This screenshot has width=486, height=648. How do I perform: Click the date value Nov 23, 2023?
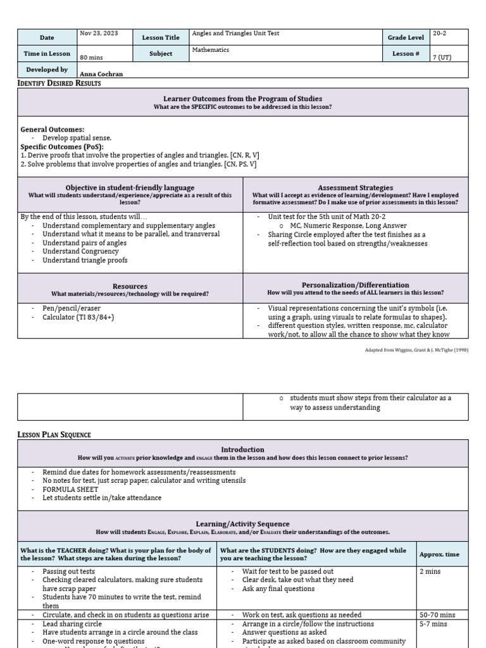point(98,34)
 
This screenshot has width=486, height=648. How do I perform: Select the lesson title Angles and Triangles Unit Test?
point(235,34)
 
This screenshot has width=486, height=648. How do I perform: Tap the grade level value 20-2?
point(440,34)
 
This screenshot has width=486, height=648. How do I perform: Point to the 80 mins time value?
point(91,58)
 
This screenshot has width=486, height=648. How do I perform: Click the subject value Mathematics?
point(211,49)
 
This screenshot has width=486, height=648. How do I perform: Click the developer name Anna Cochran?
point(101,74)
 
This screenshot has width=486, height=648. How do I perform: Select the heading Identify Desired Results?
point(59,83)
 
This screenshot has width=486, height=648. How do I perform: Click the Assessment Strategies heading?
point(355,188)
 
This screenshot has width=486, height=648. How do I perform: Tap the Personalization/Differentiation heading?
point(355,285)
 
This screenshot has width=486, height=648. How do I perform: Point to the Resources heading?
point(130,287)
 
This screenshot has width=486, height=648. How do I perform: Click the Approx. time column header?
point(439,554)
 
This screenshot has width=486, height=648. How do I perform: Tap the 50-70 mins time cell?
point(437,614)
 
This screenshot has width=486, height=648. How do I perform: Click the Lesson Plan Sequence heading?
point(54,435)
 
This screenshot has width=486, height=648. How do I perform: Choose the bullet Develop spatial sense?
point(77,138)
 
